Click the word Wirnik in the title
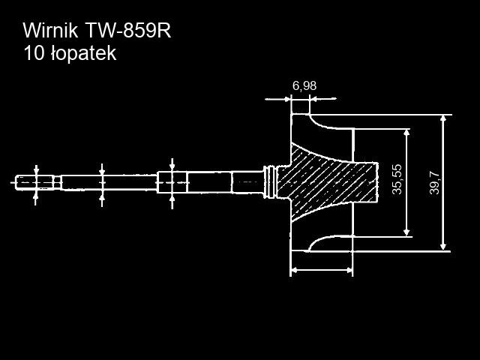50,31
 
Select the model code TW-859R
128,31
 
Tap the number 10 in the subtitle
34,53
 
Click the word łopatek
83,54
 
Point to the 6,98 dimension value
304,86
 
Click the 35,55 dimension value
397,179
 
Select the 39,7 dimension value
434,183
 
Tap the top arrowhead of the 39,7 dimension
443,118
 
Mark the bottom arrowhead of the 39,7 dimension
443,247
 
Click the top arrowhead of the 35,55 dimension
406,133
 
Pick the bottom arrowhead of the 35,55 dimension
406,232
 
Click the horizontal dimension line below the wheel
322,270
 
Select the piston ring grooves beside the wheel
270,182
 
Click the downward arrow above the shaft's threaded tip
37,170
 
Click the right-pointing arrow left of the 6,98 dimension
277,99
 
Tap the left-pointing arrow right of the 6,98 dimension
323,98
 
